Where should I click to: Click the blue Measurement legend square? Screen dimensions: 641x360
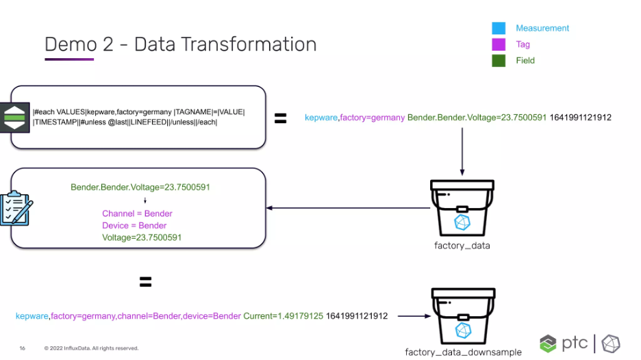pyautogui.click(x=499, y=28)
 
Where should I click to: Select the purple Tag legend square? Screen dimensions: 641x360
pyautogui.click(x=499, y=44)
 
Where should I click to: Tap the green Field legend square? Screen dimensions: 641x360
pyautogui.click(x=499, y=60)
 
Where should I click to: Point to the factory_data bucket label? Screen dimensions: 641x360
pyautogui.click(x=462, y=246)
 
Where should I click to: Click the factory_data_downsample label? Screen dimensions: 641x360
pyautogui.click(x=463, y=352)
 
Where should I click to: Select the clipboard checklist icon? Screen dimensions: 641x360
pyautogui.click(x=16, y=208)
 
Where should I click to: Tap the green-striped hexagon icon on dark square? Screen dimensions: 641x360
pyautogui.click(x=14, y=117)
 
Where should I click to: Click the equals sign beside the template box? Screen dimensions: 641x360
pyautogui.click(x=281, y=118)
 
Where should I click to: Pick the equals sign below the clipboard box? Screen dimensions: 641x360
pyautogui.click(x=146, y=281)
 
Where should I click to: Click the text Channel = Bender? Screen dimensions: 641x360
pyautogui.click(x=137, y=214)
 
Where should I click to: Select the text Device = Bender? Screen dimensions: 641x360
pyautogui.click(x=134, y=226)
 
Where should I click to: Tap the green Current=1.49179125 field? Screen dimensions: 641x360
pyautogui.click(x=284, y=316)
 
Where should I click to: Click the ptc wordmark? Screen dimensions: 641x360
pyautogui.click(x=575, y=343)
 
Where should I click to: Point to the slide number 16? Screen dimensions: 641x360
pyautogui.click(x=22, y=348)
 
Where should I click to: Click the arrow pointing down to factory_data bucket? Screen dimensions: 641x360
pyautogui.click(x=462, y=152)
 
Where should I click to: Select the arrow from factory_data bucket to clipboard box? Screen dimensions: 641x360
pyautogui.click(x=349, y=208)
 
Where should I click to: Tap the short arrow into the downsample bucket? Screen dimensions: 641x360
pyautogui.click(x=414, y=316)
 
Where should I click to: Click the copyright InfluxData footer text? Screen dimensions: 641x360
pyautogui.click(x=91, y=348)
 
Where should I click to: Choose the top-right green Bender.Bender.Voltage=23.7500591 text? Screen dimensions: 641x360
pyautogui.click(x=477, y=118)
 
